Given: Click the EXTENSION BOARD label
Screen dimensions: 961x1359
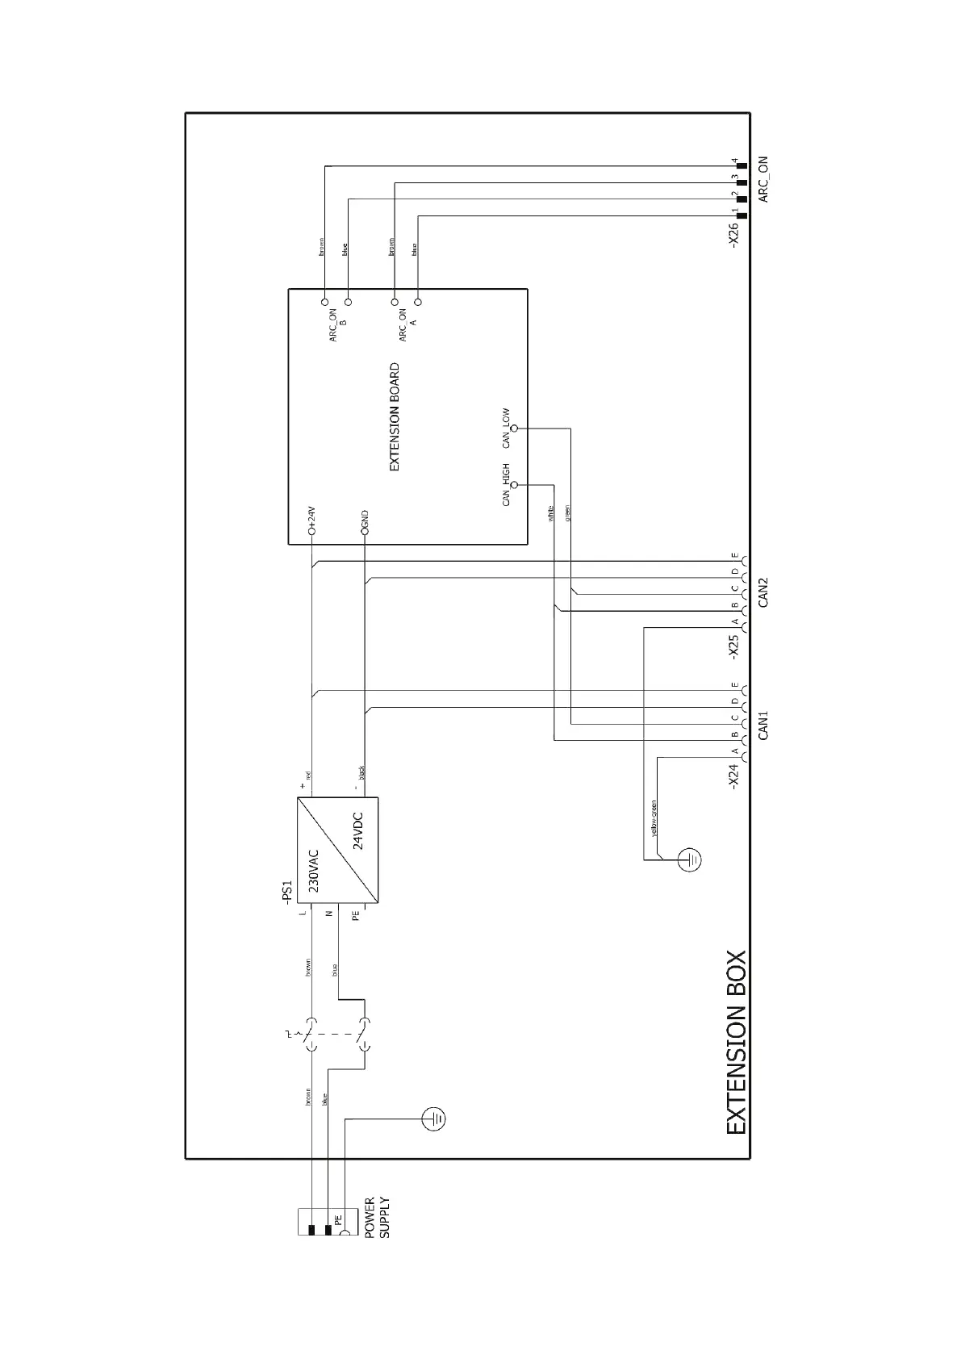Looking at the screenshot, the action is point(395,417).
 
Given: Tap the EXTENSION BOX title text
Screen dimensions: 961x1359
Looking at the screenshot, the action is point(736,1043).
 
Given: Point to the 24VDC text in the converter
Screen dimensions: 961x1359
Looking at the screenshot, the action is point(358,831).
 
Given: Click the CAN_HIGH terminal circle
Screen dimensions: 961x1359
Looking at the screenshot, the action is point(515,485).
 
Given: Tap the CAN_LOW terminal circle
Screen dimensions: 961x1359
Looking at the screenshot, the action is point(515,428).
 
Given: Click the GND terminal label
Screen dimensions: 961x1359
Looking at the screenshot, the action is point(366,520).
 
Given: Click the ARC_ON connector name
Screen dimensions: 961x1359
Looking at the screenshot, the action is point(763,178).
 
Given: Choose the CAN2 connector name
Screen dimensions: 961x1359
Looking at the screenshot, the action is point(763,592).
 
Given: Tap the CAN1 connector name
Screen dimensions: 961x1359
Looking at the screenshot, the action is point(763,724).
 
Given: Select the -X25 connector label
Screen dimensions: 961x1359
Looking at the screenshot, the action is point(733,646).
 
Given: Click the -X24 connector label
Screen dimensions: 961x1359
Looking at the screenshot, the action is point(733,775).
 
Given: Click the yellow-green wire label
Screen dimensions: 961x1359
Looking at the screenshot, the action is point(654,818).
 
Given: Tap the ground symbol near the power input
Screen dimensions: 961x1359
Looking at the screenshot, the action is point(434,1119).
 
